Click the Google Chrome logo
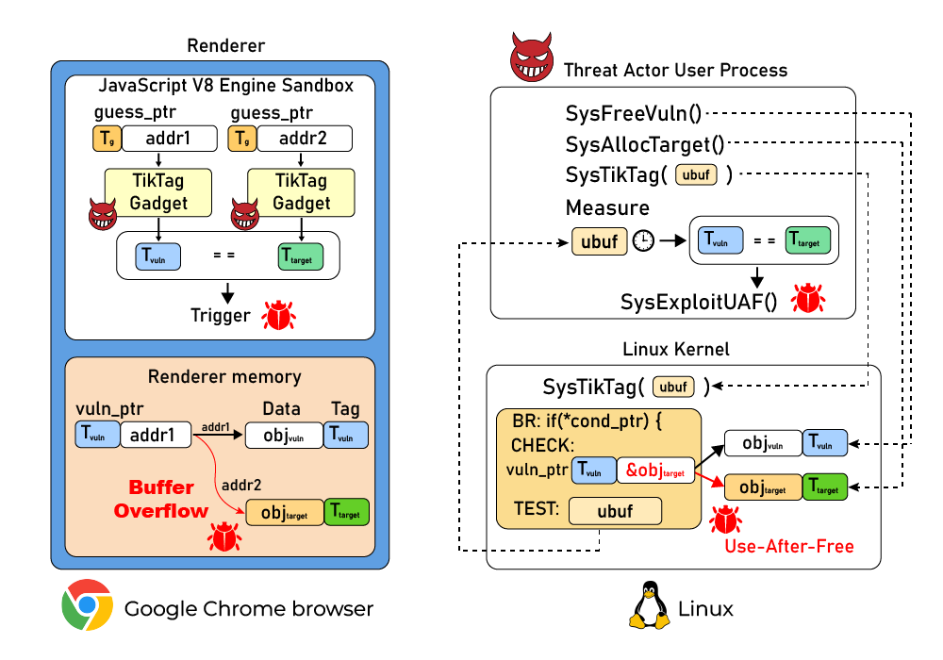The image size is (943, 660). click(x=87, y=605)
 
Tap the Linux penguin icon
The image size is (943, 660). click(x=648, y=606)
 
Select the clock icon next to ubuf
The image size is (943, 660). click(x=643, y=241)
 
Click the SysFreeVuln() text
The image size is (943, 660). click(x=634, y=114)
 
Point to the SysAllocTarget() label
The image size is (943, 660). click(x=645, y=144)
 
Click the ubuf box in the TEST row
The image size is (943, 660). click(x=615, y=511)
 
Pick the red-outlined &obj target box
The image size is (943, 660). click(x=654, y=469)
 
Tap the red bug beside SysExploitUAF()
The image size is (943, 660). click(x=808, y=298)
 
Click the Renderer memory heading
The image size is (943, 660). click(x=224, y=376)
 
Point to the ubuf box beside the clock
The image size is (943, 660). click(x=599, y=241)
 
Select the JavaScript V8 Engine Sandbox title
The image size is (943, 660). click(x=226, y=86)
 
